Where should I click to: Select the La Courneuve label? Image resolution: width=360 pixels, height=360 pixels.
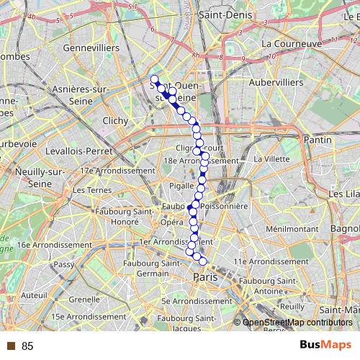292,43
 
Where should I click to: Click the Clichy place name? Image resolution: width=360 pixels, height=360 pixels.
114,121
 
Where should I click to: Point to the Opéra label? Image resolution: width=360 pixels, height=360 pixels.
171,222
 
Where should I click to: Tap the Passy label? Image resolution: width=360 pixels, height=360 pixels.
63,264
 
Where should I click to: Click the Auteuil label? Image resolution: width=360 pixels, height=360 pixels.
34,294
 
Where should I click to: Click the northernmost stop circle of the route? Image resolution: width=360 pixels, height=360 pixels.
154,79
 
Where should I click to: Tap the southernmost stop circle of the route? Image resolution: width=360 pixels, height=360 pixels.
203,261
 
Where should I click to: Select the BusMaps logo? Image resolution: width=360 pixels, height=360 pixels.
325,346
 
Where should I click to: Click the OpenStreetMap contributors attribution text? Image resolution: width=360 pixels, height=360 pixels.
297,323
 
